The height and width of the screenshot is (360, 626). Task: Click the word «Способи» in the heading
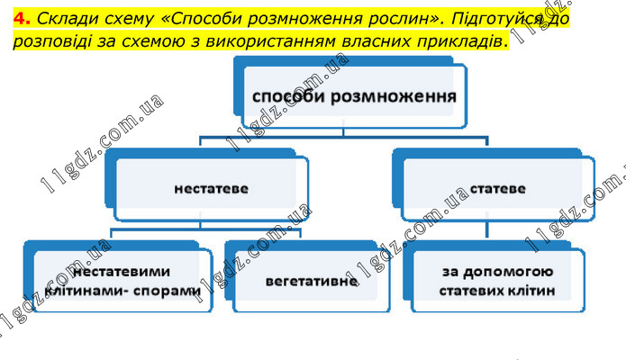pos(209,17)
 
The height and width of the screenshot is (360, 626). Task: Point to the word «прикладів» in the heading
pos(460,41)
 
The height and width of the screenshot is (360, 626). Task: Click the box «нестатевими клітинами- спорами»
pos(122,280)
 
